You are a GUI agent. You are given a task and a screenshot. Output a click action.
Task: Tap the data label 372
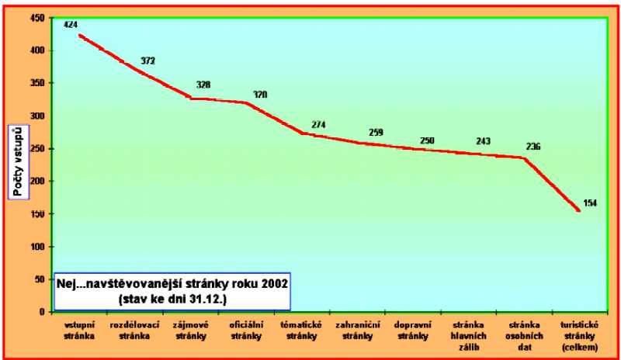pyautogui.click(x=148, y=60)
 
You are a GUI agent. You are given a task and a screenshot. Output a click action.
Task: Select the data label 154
pyautogui.click(x=590, y=202)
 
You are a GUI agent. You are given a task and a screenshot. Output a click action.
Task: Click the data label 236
pyautogui.click(x=533, y=147)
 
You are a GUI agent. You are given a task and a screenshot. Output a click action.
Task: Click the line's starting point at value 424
pyautogui.click(x=79, y=34)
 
